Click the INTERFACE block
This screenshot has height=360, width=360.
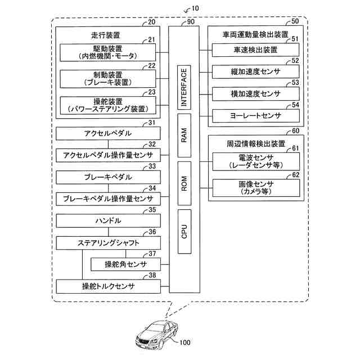[184, 87]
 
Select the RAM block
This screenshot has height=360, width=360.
[184, 135]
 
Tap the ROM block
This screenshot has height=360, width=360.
[184, 183]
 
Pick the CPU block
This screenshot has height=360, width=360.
[184, 231]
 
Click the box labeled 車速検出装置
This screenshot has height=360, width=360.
[255, 50]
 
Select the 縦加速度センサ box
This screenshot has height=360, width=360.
[255, 71]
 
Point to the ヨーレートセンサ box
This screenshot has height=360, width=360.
[255, 115]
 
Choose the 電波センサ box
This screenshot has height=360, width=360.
[255, 161]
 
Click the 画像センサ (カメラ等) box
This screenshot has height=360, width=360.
[255, 187]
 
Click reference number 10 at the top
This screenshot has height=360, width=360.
[195, 8]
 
